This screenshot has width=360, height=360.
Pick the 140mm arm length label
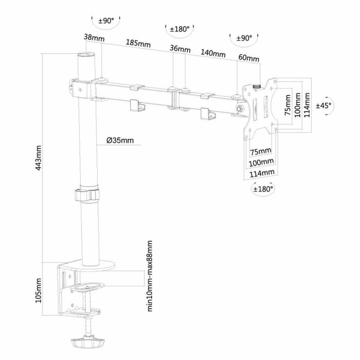[213, 53]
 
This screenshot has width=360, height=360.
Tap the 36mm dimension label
[180, 50]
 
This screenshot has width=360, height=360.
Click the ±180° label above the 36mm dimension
[180, 29]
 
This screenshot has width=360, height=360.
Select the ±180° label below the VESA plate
[263, 189]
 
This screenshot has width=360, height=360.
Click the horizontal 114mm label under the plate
[262, 173]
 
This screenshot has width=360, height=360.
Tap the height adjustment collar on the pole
[88, 195]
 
